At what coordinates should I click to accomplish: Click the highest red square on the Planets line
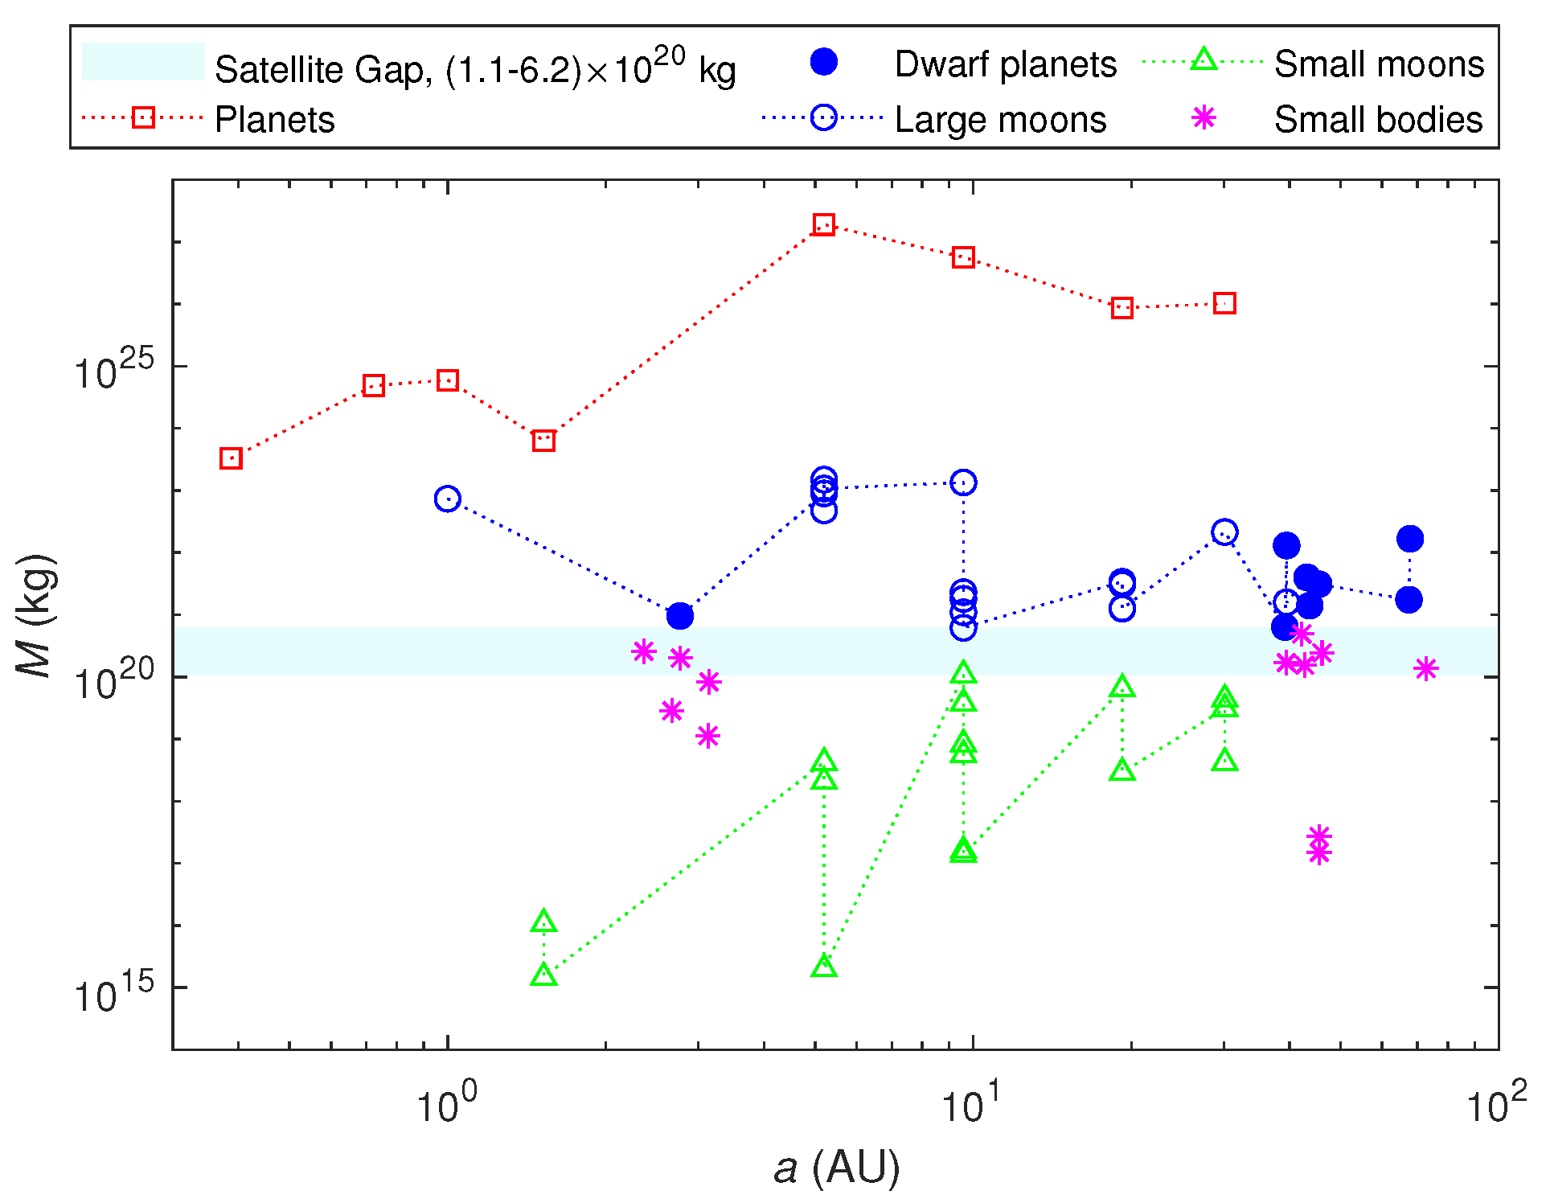point(823,224)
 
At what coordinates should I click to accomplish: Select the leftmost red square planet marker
point(231,458)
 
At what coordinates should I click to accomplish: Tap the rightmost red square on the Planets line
point(1224,303)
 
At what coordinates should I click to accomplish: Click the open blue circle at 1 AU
point(448,499)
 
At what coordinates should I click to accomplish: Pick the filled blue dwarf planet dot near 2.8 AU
point(680,616)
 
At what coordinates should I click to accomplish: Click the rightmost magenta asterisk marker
point(1426,668)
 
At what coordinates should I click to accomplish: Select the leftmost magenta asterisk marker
point(644,651)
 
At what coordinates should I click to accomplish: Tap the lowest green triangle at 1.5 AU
point(544,975)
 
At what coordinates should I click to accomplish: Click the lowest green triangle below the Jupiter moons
point(824,967)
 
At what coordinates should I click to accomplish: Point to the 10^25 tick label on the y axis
point(113,371)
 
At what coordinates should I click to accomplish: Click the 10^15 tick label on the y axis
point(113,992)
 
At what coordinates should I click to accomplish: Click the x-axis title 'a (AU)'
point(836,1168)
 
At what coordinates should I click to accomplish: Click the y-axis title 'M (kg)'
point(36,615)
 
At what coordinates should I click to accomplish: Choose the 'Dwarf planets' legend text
point(1005,64)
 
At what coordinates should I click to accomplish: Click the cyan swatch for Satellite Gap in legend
point(143,62)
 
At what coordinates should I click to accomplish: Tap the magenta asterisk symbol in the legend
point(1204,118)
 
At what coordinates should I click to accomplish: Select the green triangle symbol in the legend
point(1204,60)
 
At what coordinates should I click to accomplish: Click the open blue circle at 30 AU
point(1224,532)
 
